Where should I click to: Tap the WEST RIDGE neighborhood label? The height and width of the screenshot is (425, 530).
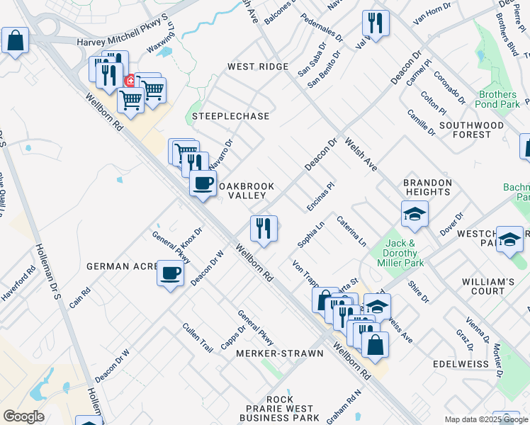click(x=257, y=67)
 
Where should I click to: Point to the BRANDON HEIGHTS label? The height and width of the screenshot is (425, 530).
click(x=427, y=187)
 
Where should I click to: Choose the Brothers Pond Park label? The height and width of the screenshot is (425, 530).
click(x=498, y=99)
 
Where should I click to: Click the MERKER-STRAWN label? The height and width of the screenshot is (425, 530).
click(x=280, y=353)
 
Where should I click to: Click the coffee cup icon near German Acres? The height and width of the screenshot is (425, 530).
click(x=169, y=273)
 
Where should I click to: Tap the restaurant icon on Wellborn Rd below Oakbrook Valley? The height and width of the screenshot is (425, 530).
click(x=263, y=229)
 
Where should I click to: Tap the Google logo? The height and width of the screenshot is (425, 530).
click(x=23, y=416)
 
